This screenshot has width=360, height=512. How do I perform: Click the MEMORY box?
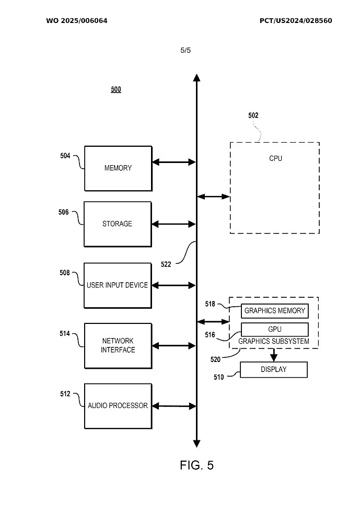pos(118,168)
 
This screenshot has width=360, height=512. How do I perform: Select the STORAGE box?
pos(118,224)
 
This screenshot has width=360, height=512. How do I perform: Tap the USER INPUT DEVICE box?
pos(118,285)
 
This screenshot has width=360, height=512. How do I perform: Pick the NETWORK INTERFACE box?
pos(118,345)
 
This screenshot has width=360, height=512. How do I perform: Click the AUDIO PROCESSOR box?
pos(118,405)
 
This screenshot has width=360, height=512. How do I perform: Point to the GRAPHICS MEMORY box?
pos(274,311)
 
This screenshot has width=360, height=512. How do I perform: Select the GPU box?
pos(274,329)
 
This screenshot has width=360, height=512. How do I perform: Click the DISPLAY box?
pos(274,369)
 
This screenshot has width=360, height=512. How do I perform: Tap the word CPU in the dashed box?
pos(275,158)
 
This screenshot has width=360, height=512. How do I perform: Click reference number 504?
pos(65,155)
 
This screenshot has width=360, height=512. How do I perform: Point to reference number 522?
pos(166,264)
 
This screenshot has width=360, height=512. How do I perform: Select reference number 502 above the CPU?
pos(253,115)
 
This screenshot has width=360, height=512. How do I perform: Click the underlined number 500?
pos(116,89)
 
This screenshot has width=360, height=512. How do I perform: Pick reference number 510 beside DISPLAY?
pos(219,377)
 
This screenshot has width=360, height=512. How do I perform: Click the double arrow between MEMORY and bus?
pos(173,162)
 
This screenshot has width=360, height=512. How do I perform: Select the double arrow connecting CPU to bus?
pos(213,197)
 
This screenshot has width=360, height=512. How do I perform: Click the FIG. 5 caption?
pos(197,465)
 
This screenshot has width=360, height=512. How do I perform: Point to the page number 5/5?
pos(185,51)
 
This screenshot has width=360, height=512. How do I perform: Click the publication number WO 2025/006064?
pos(77,21)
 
